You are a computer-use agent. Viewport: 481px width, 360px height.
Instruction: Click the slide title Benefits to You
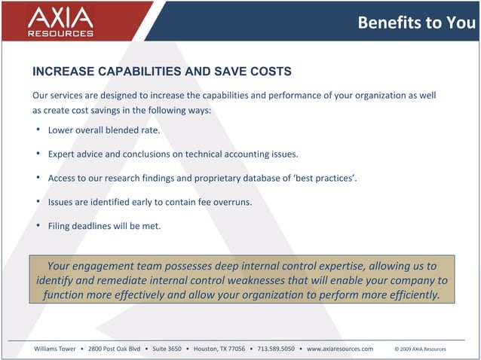(x=416, y=22)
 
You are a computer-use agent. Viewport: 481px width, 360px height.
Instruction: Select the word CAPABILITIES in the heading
(x=139, y=72)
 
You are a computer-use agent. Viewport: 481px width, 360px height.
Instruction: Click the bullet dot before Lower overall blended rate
(x=38, y=130)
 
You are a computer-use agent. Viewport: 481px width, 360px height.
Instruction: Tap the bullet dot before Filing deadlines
(x=38, y=225)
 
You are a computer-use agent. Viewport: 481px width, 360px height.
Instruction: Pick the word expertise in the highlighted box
(x=330, y=266)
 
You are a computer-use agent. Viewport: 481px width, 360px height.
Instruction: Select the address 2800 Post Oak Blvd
(x=115, y=349)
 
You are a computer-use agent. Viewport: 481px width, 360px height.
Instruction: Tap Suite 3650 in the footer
(x=167, y=349)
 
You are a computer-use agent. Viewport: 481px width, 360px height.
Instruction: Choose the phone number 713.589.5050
(x=276, y=349)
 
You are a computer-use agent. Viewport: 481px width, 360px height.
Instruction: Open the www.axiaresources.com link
(x=339, y=349)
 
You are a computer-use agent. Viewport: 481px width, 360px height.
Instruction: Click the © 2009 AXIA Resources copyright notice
(x=420, y=349)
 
